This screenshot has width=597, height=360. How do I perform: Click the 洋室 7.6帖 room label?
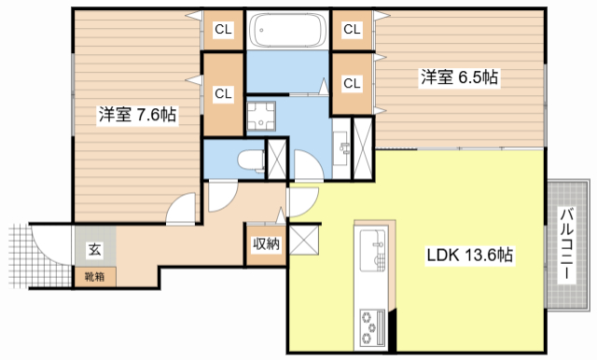[138, 115]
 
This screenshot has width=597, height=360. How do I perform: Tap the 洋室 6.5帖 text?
[460, 78]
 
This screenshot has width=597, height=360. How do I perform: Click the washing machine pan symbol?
[262, 116]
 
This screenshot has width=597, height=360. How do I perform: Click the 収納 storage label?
[265, 244]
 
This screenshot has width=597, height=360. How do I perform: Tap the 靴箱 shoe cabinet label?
[94, 276]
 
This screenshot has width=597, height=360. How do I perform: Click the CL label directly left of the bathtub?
[224, 30]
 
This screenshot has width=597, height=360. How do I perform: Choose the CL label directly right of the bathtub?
[353, 30]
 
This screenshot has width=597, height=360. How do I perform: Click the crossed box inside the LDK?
[304, 240]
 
